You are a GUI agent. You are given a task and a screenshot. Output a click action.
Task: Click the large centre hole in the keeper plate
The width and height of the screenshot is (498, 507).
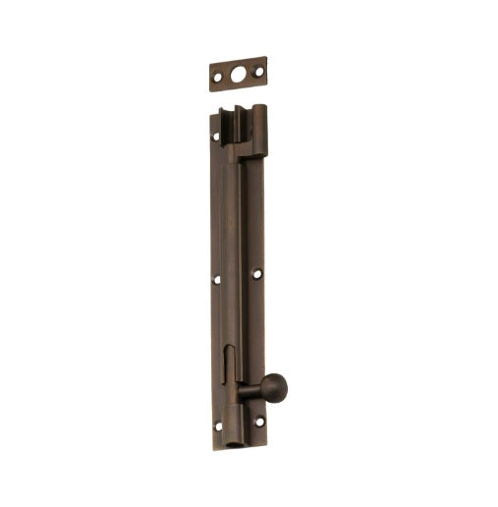238,74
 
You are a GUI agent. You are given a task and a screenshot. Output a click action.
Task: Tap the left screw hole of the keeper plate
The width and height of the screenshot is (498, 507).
218,78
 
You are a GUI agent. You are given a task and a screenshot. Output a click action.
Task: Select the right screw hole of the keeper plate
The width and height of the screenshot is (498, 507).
258,71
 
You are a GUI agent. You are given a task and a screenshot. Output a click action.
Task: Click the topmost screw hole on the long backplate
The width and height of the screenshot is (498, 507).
217,136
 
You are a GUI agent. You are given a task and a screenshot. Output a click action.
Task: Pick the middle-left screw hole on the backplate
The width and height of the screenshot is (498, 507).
217,280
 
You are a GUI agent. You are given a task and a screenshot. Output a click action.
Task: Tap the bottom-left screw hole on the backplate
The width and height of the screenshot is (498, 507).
219,426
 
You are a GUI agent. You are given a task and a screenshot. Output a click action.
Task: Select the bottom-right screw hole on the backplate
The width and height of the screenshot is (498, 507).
259,422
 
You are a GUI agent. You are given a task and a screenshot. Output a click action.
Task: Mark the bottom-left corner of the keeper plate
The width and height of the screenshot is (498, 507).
210,90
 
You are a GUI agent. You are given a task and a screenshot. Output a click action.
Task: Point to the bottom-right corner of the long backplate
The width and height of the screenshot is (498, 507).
265,433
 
